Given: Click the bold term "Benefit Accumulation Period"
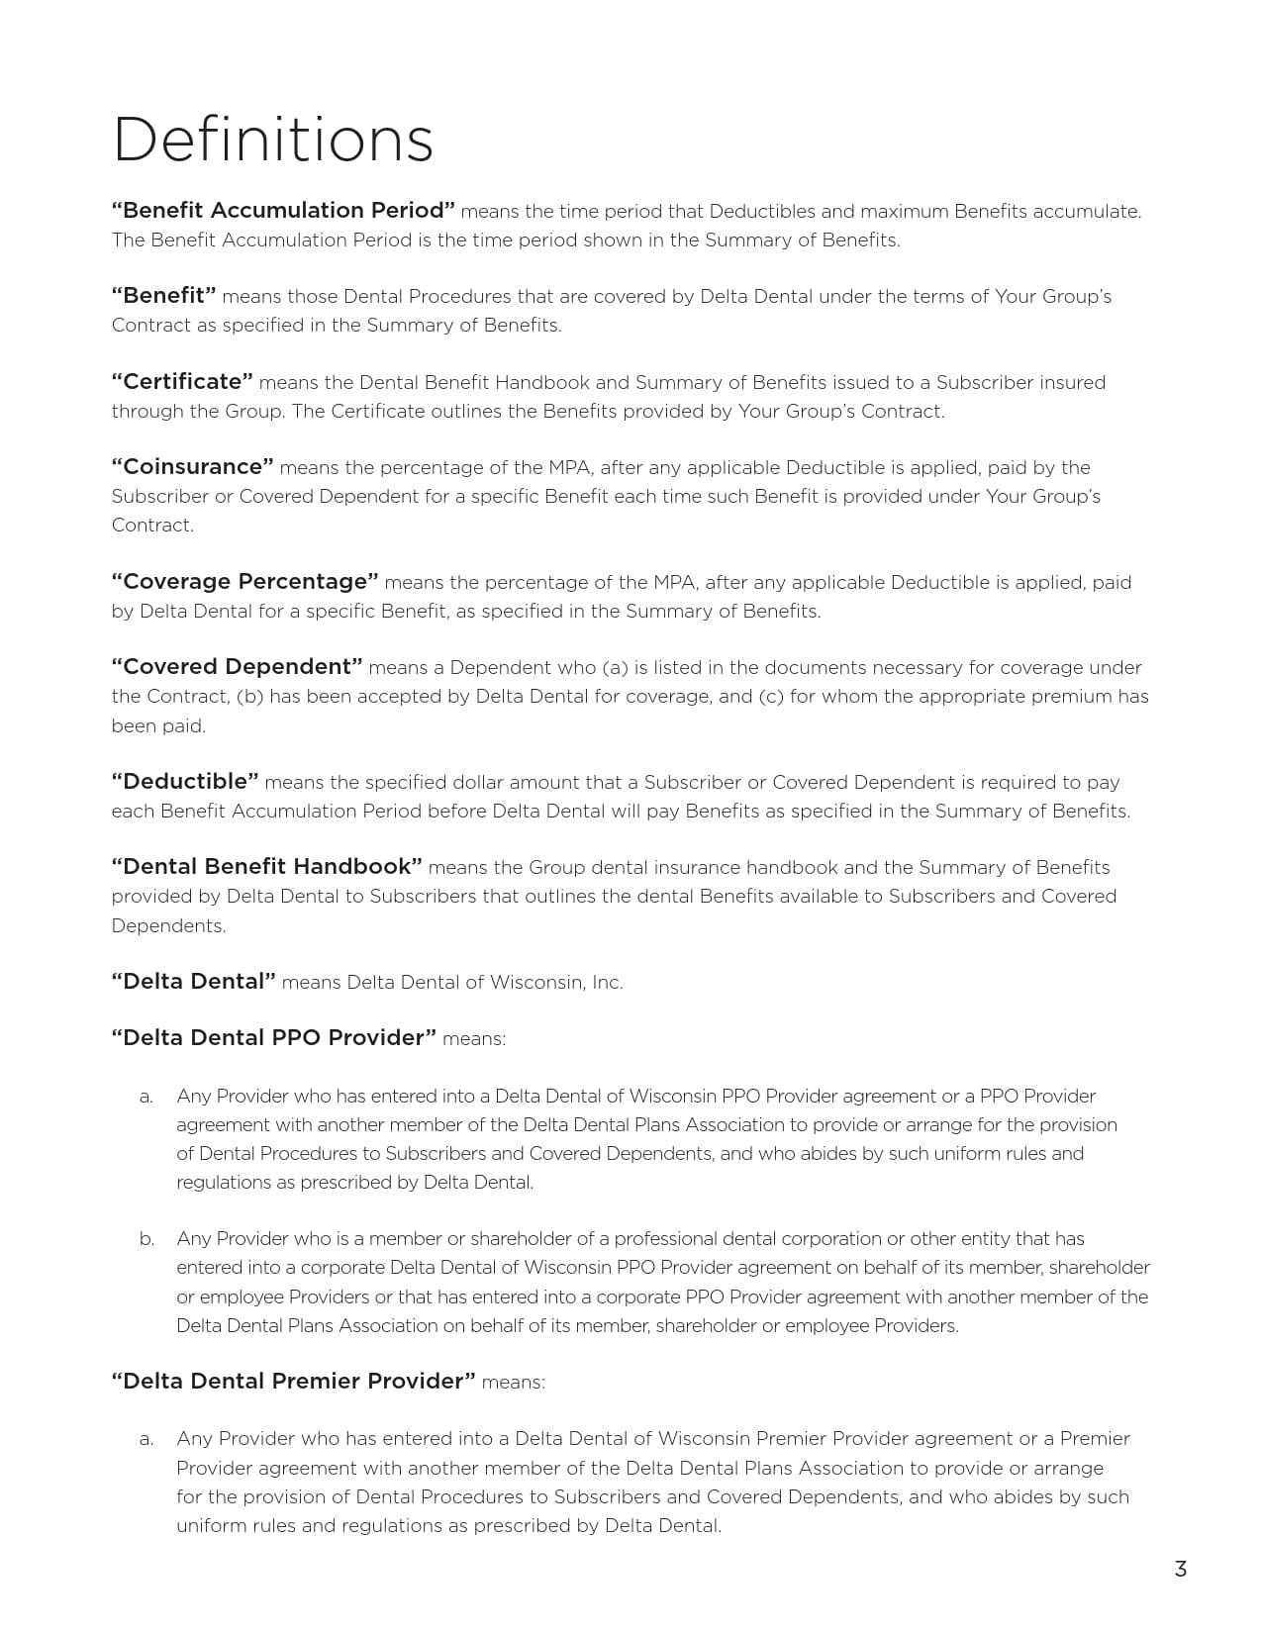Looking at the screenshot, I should click(x=283, y=211).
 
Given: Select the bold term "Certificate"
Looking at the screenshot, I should click(x=182, y=382).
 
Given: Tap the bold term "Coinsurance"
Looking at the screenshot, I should click(x=192, y=467).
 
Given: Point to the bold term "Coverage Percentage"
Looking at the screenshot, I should click(x=245, y=582).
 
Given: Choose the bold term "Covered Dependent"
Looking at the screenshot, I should click(x=237, y=667).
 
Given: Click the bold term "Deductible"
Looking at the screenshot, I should click(x=185, y=782).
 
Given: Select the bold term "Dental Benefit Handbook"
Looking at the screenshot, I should click(x=266, y=867).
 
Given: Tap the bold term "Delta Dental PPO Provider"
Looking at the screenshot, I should click(x=273, y=1038).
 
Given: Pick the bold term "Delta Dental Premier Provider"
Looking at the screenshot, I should click(x=293, y=1382).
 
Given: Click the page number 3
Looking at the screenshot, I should click(x=1180, y=1569).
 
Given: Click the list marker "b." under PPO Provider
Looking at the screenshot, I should click(x=146, y=1239).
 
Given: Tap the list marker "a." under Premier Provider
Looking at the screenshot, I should click(x=146, y=1439).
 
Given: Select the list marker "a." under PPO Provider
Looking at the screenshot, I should click(x=146, y=1097).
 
